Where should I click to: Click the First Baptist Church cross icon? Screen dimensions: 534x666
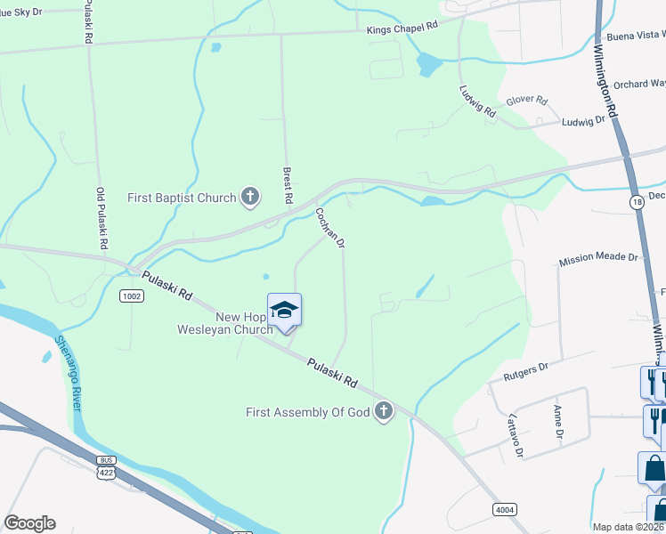250,198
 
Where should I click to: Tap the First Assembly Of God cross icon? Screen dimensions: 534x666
384,411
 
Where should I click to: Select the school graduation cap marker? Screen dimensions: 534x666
284,310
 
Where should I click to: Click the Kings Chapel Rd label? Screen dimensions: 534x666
403,28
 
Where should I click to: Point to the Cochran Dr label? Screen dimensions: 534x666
329,228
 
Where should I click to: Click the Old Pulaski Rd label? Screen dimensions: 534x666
102,218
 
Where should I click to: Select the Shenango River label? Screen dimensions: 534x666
68,373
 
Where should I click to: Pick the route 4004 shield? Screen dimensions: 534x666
505,507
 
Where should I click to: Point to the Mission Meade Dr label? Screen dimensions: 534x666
598,258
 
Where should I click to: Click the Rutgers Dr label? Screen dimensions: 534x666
525,365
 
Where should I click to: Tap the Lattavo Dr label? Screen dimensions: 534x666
514,433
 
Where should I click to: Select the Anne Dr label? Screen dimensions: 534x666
558,423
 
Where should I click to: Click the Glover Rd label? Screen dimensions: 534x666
526,101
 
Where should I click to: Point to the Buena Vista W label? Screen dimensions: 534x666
635,36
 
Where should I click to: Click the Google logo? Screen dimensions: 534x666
29,523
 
